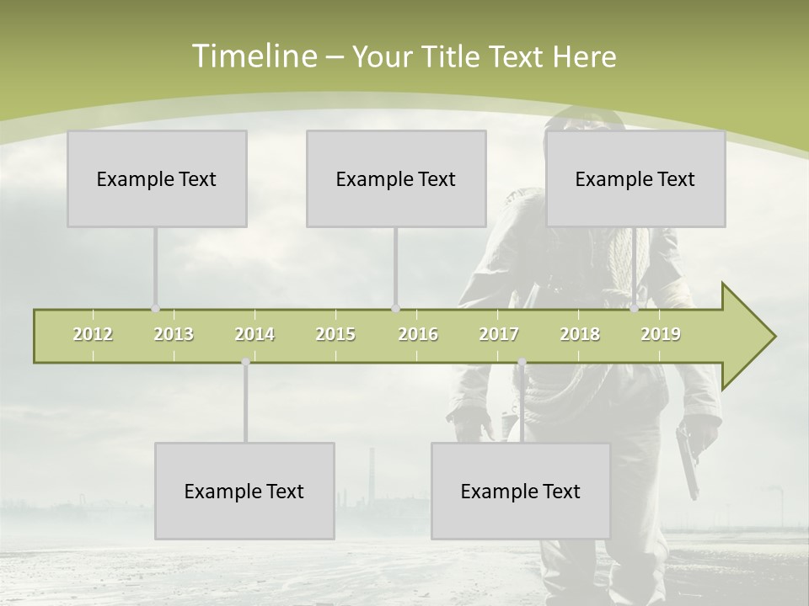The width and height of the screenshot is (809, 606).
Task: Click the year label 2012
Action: point(93,334)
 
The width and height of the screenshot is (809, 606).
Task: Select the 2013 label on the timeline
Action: point(174,334)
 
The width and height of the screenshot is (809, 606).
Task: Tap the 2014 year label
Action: point(254,334)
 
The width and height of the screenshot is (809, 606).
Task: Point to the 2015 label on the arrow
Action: point(335,334)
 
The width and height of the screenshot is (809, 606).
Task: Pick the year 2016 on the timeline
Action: point(418,334)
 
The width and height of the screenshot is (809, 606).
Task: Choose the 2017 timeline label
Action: point(499,334)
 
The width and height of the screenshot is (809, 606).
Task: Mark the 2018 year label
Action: point(580,334)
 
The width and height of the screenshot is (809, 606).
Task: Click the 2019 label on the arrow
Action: point(661,334)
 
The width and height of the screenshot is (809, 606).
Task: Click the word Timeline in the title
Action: point(253,56)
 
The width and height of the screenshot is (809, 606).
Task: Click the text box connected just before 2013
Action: point(157,178)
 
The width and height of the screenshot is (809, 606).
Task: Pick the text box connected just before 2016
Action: point(396,178)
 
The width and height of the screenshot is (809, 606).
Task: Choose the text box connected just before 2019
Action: point(635,178)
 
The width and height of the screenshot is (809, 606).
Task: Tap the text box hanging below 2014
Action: point(244,491)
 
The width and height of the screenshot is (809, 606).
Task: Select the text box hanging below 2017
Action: point(521,491)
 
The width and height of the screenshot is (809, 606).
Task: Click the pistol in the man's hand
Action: point(688,459)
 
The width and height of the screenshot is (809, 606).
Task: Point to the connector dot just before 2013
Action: point(155,308)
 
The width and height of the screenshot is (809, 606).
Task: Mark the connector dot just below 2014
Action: point(246,362)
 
